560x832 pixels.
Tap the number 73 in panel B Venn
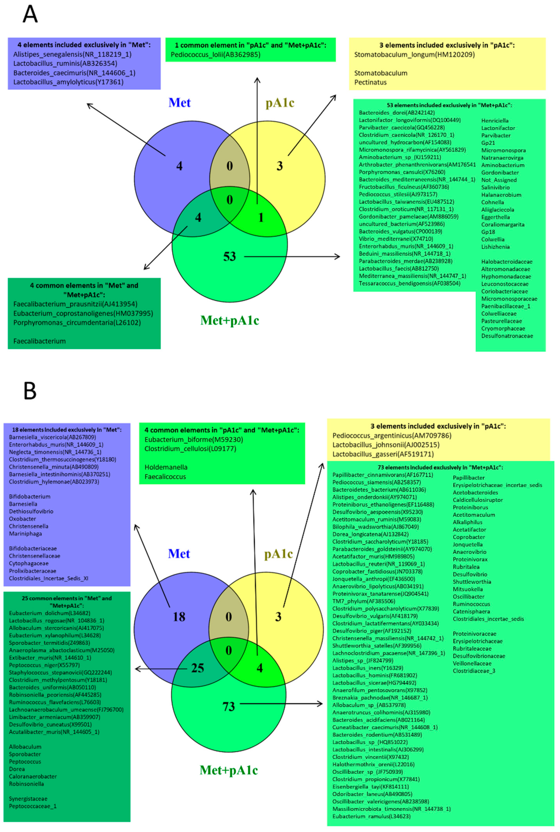point(229,706)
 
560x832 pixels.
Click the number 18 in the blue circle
point(179,617)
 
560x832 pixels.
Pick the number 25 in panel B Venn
point(197,668)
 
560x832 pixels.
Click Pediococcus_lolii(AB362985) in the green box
point(215,55)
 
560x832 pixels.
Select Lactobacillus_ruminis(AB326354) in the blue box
point(65,64)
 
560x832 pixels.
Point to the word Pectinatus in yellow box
point(370,82)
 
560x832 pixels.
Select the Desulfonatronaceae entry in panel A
point(507,336)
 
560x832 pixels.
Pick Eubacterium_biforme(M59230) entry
point(194,440)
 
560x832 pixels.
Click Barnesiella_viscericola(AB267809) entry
point(52,437)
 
